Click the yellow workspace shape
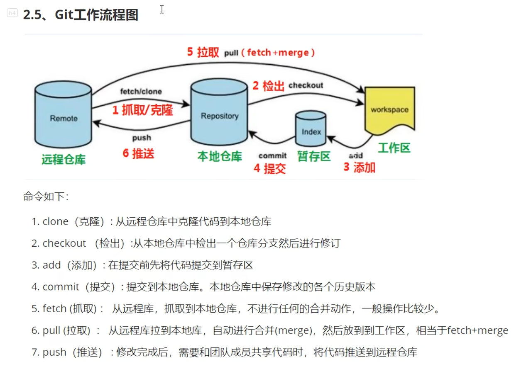(x=389, y=109)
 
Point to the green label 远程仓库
(x=64, y=159)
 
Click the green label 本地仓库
(x=220, y=156)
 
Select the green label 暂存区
(x=314, y=156)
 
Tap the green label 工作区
(x=394, y=148)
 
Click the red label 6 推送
(x=139, y=153)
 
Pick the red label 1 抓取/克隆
(x=142, y=110)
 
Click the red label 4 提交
(x=270, y=168)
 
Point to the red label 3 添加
(x=360, y=167)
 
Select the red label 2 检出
(x=269, y=86)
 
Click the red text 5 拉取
(x=203, y=52)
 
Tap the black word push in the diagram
(x=142, y=138)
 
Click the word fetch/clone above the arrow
(x=141, y=91)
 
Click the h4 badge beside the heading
(x=12, y=13)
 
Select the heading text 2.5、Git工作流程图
(x=81, y=15)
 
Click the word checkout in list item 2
(x=64, y=243)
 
